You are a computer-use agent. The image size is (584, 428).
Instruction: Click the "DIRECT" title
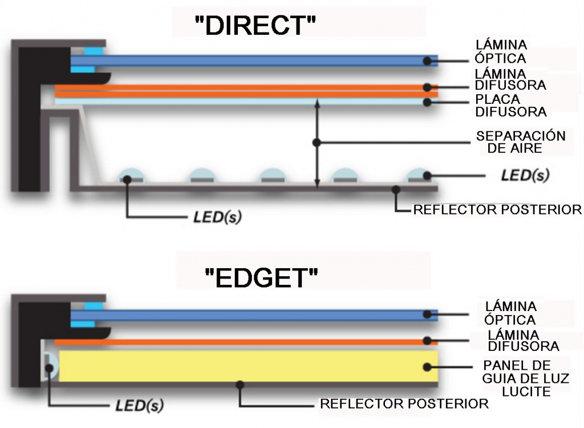pyautogui.click(x=255, y=26)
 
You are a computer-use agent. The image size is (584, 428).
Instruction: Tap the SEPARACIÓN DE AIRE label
pyautogui.click(x=520, y=142)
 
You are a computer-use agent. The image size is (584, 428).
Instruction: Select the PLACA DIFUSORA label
pyautogui.click(x=511, y=105)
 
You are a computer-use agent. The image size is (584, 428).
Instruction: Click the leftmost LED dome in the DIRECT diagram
pyautogui.click(x=131, y=176)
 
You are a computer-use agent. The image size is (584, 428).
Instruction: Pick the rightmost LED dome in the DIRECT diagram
pyautogui.click(x=418, y=176)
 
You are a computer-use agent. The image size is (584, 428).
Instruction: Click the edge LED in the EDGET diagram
pyautogui.click(x=50, y=365)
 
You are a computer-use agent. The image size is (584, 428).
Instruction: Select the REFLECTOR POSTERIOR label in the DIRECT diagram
pyautogui.click(x=497, y=209)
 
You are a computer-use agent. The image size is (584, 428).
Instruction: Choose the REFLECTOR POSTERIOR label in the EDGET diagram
pyautogui.click(x=404, y=404)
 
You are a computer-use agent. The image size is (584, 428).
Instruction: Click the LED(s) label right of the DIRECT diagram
pyautogui.click(x=525, y=175)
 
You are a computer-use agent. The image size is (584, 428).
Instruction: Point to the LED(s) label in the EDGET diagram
pyautogui.click(x=140, y=406)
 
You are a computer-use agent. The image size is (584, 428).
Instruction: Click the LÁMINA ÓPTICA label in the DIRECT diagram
pyautogui.click(x=501, y=51)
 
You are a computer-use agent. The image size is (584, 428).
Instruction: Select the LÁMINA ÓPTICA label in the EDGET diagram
pyautogui.click(x=510, y=313)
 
